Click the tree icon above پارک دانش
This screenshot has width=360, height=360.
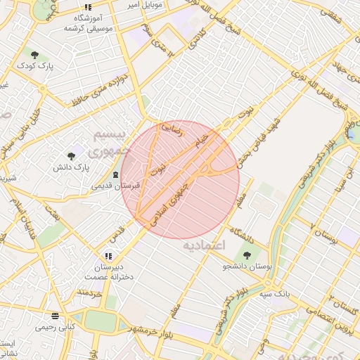pos(71,156)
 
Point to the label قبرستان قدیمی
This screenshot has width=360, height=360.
pos(116,186)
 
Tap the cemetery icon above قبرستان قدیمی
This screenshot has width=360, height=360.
pos(116,174)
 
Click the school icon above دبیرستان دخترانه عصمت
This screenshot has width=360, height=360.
pos(108,257)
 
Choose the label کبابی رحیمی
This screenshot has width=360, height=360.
pos(56,328)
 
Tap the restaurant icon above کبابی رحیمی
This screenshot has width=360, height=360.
pos(55,316)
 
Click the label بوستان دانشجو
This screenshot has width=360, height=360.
pos(246,266)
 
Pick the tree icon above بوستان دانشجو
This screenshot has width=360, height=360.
pos(247,255)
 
